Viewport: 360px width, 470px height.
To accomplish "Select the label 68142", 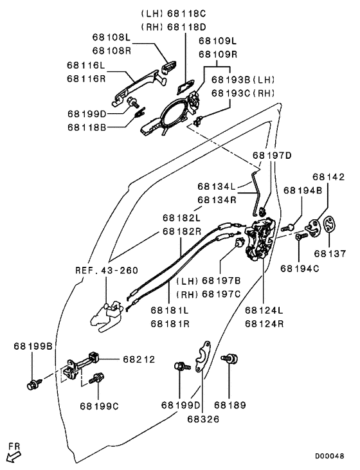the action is pos(328,177).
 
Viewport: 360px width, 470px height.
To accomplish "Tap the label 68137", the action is pos(330,253).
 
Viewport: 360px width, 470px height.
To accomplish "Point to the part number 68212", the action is pos(139,359).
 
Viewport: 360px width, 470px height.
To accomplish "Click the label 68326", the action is pos(203,419).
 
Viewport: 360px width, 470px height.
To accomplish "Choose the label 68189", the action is pos(230,405).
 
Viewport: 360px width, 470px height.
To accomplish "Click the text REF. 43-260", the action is pos(107,271).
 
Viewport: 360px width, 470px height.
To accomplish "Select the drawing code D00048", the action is pos(329,456).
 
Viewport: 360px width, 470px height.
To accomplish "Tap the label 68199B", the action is pos(33,346).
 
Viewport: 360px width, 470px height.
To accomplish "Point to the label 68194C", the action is pos(300,269).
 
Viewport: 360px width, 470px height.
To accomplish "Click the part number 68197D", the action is pos(272,155).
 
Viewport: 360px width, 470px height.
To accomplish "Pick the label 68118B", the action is pos(87,127).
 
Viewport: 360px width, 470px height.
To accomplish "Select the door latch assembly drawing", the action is pos(260,239).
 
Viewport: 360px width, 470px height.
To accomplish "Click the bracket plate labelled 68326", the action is pos(203,357).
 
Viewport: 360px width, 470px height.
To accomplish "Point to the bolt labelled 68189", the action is pos(230,358).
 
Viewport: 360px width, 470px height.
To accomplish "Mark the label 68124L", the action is pos(264,310).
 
